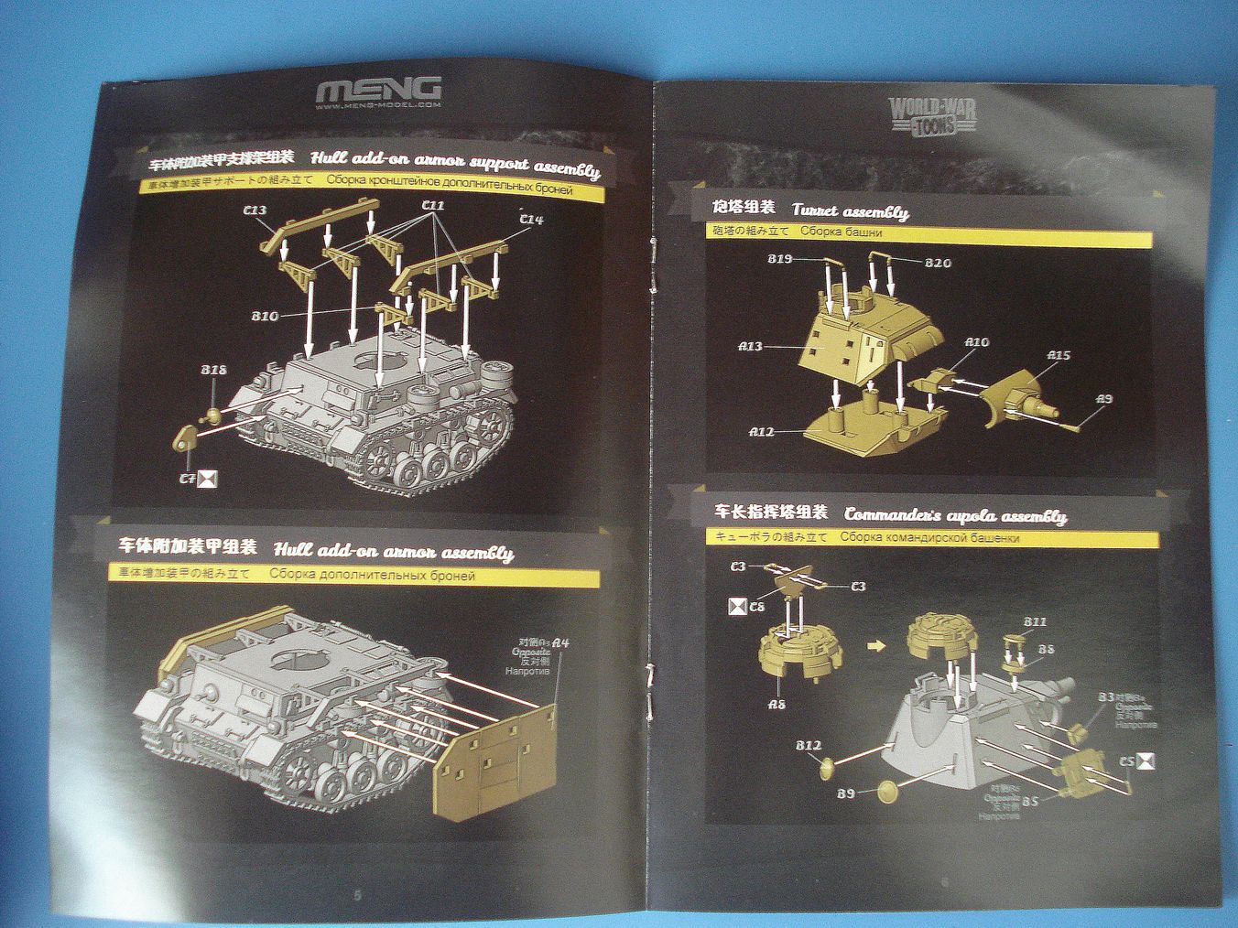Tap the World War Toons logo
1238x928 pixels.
click(x=932, y=115)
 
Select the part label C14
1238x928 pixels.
click(x=530, y=220)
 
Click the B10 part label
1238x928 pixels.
click(x=265, y=317)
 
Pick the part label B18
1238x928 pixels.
click(x=213, y=371)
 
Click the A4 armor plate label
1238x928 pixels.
click(x=561, y=643)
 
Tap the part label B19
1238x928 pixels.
click(x=780, y=259)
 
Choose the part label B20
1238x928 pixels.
click(x=938, y=263)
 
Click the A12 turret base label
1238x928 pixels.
click(x=762, y=431)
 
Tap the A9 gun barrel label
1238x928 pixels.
click(x=1104, y=399)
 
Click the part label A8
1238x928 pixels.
click(x=776, y=704)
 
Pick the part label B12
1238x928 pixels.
click(x=808, y=746)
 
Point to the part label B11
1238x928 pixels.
click(x=1035, y=622)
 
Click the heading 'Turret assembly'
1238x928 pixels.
click(x=851, y=212)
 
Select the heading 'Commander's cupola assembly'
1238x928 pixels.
click(x=955, y=516)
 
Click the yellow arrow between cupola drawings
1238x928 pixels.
click(x=876, y=646)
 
